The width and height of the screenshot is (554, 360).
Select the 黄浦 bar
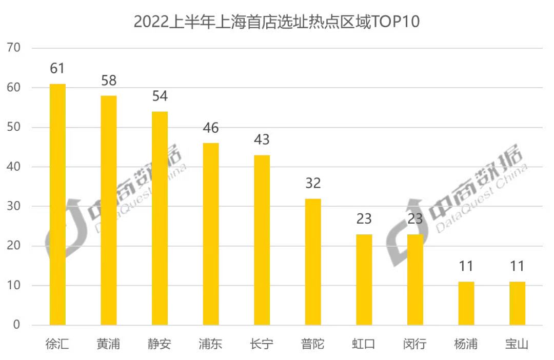pyautogui.click(x=108, y=210)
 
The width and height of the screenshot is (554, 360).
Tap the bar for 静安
pyautogui.click(x=160, y=218)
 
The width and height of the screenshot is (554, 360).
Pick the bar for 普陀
pyautogui.click(x=313, y=262)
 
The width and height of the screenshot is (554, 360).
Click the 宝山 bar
pyautogui.click(x=518, y=303)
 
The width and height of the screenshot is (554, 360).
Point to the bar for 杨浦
pyautogui.click(x=466, y=303)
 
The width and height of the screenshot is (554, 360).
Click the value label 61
pyautogui.click(x=57, y=68)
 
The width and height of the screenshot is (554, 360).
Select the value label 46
pyautogui.click(x=211, y=128)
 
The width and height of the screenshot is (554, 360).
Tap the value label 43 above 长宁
pyautogui.click(x=262, y=139)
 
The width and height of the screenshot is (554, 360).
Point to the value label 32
pyautogui.click(x=313, y=183)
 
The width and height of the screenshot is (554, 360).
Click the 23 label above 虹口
pyautogui.click(x=364, y=219)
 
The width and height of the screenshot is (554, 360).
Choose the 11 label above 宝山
pyautogui.click(x=518, y=266)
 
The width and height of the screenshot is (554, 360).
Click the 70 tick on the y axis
pyautogui.click(x=13, y=48)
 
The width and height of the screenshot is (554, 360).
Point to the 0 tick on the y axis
pyautogui.click(x=16, y=325)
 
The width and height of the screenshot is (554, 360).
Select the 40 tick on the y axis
pyautogui.click(x=13, y=167)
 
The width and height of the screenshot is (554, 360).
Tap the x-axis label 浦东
pyautogui.click(x=211, y=344)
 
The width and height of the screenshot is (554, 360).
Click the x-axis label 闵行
pyautogui.click(x=415, y=344)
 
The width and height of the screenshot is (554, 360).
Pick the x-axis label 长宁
pyautogui.click(x=262, y=344)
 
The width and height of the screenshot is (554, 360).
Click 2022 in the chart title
pyautogui.click(x=151, y=22)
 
